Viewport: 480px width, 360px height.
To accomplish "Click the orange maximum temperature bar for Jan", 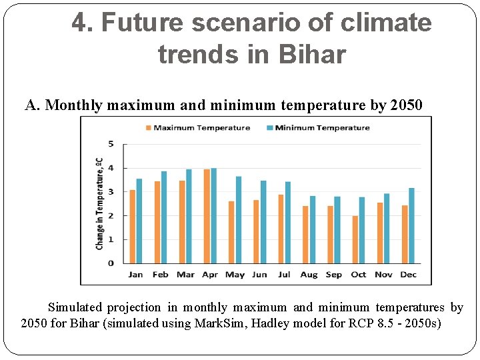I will (x=133, y=227).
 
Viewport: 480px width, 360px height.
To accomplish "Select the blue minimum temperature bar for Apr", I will (x=213, y=215).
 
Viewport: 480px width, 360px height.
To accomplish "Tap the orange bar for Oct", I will (x=355, y=239).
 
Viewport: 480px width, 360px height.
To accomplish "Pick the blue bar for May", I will (x=238, y=219).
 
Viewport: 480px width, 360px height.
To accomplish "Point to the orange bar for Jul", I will (x=281, y=229).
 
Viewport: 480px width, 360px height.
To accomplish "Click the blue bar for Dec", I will (x=411, y=225).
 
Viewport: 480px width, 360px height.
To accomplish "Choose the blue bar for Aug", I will (x=313, y=229).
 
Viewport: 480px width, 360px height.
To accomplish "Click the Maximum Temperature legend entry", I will (x=197, y=128).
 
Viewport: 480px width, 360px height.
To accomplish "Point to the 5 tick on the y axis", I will (x=111, y=144).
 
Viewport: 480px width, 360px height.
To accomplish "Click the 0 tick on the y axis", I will (x=111, y=263).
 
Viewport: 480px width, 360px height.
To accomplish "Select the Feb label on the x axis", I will (x=160, y=275).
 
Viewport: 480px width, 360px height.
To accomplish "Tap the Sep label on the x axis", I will (x=334, y=275).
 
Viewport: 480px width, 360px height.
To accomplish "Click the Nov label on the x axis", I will (x=383, y=275).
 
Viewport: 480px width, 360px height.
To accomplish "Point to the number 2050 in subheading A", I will (x=405, y=105).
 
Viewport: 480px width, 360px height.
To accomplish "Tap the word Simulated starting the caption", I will (x=75, y=307).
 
